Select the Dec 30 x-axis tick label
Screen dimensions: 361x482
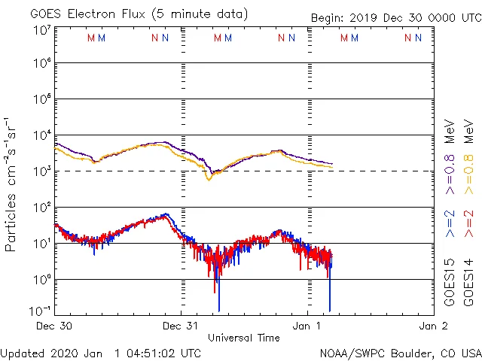click(x=53, y=326)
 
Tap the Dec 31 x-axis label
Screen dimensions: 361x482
click(x=181, y=326)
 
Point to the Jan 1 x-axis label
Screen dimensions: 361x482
click(x=308, y=326)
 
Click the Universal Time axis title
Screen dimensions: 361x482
click(x=243, y=338)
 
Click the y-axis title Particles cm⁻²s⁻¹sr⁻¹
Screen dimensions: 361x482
click(x=12, y=184)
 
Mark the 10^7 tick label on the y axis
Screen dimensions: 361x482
click(x=41, y=31)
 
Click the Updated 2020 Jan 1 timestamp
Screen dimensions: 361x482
click(x=101, y=353)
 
